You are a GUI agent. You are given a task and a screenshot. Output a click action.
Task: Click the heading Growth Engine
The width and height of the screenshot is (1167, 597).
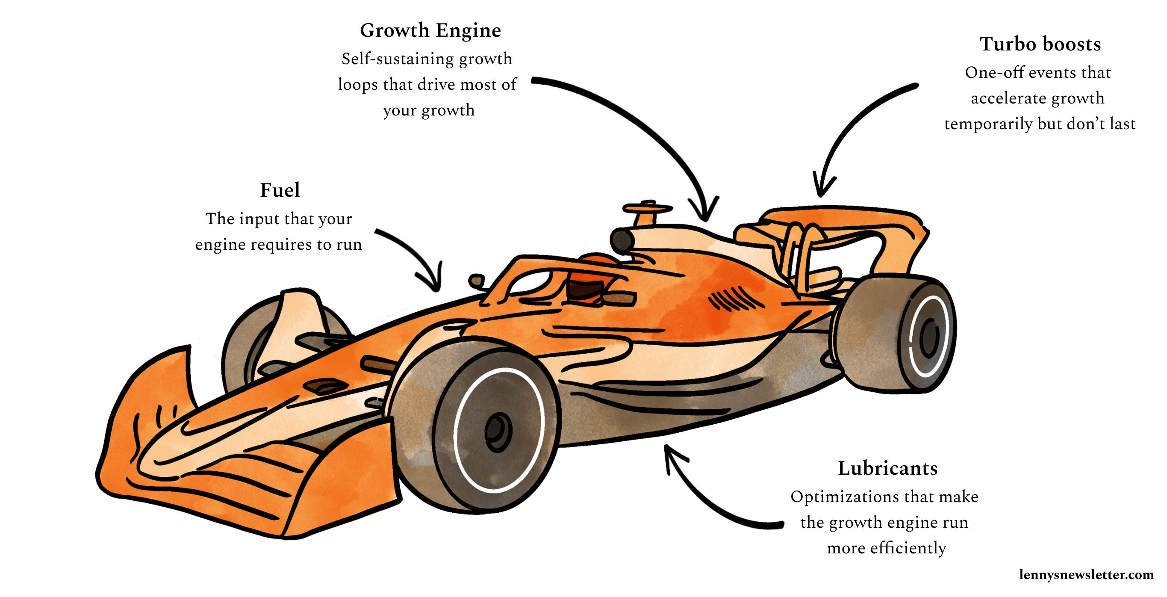pyautogui.click(x=430, y=31)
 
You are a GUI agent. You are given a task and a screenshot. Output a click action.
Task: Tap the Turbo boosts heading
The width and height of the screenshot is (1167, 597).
pyautogui.click(x=1040, y=44)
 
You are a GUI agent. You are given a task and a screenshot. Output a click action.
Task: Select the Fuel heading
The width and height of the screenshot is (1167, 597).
pyautogui.click(x=280, y=190)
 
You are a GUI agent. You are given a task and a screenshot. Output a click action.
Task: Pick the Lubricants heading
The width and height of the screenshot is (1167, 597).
pyautogui.click(x=887, y=468)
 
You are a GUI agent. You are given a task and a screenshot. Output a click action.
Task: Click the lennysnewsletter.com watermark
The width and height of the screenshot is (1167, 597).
pyautogui.click(x=1086, y=575)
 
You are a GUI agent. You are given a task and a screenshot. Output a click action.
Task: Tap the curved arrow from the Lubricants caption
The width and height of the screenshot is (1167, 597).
pyautogui.click(x=707, y=503)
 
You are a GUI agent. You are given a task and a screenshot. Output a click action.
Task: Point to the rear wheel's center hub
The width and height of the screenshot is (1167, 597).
pyautogui.click(x=929, y=338)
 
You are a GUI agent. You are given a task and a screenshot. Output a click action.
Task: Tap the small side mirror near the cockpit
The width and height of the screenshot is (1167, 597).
pyautogui.click(x=476, y=281)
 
